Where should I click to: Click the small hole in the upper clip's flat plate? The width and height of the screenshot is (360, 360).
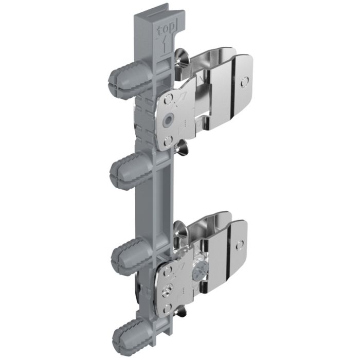[x=244, y=82]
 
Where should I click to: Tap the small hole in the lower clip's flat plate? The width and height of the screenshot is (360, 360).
[x=240, y=245]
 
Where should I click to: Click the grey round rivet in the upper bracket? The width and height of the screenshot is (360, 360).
[x=168, y=120]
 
